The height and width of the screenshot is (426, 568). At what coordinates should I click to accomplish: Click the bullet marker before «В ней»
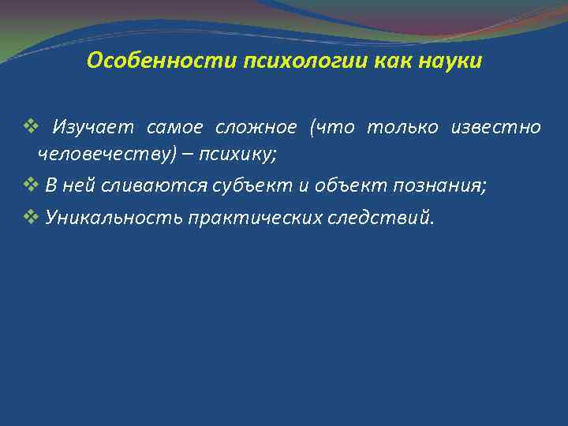[x=31, y=185]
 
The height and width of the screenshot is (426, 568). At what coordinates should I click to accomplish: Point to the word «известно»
[x=495, y=128]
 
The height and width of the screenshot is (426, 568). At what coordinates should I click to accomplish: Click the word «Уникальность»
[x=114, y=216]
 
